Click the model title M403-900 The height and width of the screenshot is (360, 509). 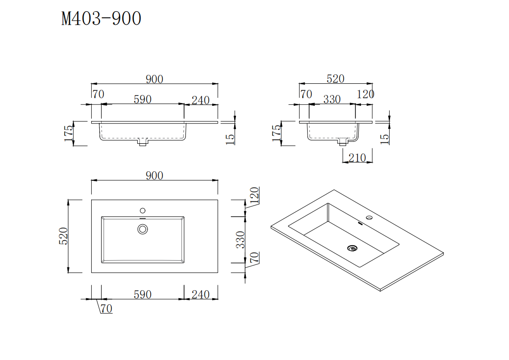click(x=101, y=19)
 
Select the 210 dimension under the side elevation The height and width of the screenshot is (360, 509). click(x=357, y=158)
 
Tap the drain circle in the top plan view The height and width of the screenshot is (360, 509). click(x=143, y=229)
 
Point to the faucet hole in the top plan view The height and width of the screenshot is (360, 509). click(x=143, y=211)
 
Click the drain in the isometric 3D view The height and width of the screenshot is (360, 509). click(x=352, y=248)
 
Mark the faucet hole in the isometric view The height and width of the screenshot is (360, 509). click(x=369, y=218)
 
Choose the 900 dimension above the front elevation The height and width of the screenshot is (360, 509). click(x=154, y=79)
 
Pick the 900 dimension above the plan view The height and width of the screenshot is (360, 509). click(x=154, y=176)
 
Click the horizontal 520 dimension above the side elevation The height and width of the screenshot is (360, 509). click(x=335, y=79)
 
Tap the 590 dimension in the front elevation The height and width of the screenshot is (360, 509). click(x=142, y=99)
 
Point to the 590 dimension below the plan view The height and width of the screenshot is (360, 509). click(x=142, y=294)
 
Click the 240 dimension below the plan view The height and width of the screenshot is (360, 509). click(x=200, y=294)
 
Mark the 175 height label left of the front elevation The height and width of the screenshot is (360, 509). click(x=69, y=133)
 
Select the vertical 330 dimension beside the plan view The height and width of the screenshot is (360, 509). click(x=240, y=239)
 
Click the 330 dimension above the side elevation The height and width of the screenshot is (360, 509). click(x=332, y=99)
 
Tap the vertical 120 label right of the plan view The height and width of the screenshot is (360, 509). click(x=254, y=196)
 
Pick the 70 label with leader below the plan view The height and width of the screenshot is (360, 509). click(x=106, y=309)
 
